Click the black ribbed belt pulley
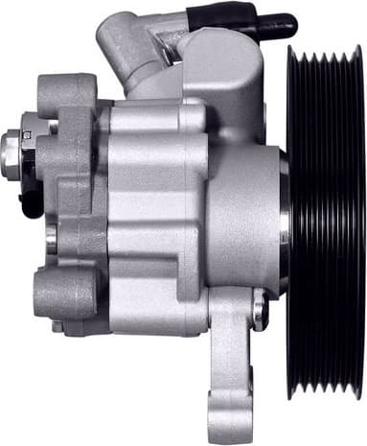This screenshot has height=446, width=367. (x=326, y=221)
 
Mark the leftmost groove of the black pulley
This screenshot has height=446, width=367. (x=295, y=221)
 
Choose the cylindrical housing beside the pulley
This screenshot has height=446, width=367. (x=244, y=221)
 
